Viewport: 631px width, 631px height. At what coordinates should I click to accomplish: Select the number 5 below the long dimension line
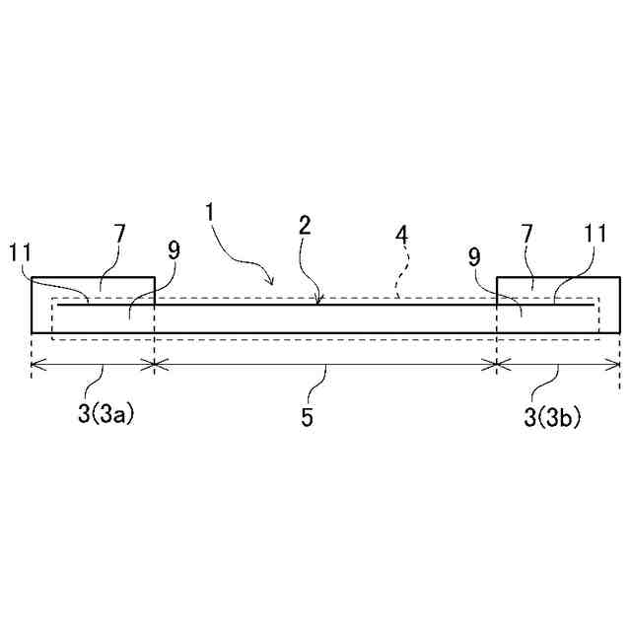coord(308,417)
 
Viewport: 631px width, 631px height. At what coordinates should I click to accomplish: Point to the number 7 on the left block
coord(119,236)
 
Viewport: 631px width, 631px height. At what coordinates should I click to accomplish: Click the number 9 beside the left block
coord(174,251)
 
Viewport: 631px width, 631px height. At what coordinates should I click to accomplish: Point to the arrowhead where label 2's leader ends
coord(317,302)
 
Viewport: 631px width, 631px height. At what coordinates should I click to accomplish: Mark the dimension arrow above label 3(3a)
coord(93,364)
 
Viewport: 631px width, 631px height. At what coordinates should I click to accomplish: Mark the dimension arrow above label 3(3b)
coord(558,364)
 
